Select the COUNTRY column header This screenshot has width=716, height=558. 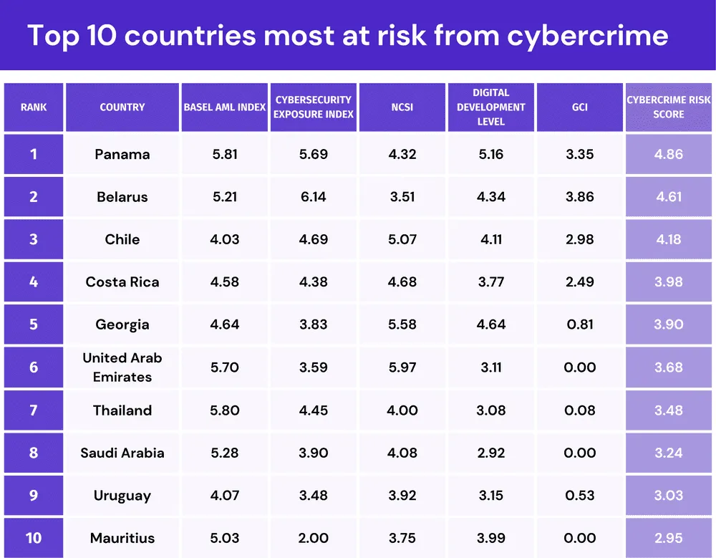pyautogui.click(x=122, y=107)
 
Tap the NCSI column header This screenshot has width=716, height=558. pyautogui.click(x=402, y=107)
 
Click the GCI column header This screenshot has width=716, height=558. pyautogui.click(x=580, y=107)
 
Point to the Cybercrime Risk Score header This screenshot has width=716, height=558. pyautogui.click(x=669, y=107)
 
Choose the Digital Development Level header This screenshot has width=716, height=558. pyautogui.click(x=491, y=107)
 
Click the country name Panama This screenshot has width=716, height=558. pyautogui.click(x=122, y=154)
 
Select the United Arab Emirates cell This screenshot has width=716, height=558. pyautogui.click(x=122, y=367)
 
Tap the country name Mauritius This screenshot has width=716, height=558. pyautogui.click(x=122, y=538)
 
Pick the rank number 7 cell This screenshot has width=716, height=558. pyautogui.click(x=34, y=410)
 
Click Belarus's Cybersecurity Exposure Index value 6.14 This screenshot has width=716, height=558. pyautogui.click(x=314, y=197)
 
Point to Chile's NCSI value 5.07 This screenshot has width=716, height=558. pyautogui.click(x=402, y=239)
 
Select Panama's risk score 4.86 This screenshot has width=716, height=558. pyautogui.click(x=669, y=154)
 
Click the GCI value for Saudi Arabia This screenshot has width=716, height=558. pyautogui.click(x=580, y=453)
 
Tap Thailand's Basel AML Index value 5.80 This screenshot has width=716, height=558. pyautogui.click(x=225, y=410)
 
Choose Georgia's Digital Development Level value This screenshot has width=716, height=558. pyautogui.click(x=491, y=324)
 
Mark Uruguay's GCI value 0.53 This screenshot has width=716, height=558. pyautogui.click(x=580, y=496)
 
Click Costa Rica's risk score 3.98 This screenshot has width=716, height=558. pyautogui.click(x=669, y=282)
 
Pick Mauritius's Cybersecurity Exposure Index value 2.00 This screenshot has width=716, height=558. pyautogui.click(x=314, y=538)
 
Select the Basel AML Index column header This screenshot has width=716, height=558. pyautogui.click(x=225, y=107)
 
